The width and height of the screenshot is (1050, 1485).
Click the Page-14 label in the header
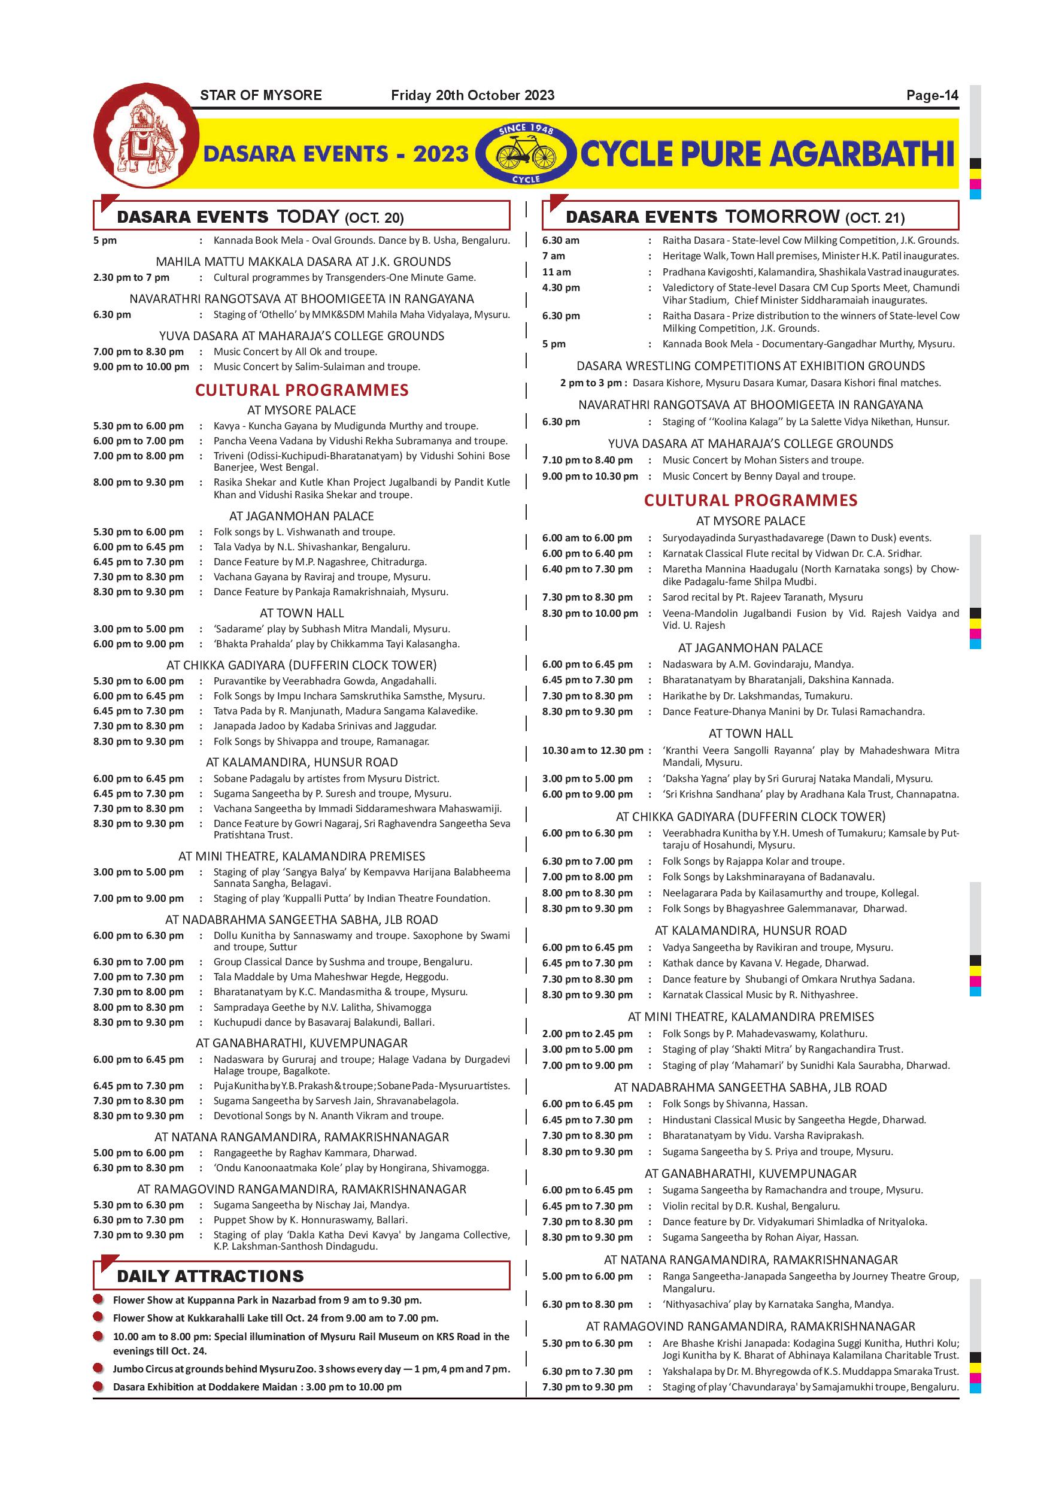tap(931, 96)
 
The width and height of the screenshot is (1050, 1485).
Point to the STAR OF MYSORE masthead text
tap(260, 96)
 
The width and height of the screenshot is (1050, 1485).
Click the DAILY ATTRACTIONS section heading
tap(210, 1276)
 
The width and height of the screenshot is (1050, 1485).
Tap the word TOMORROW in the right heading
tap(782, 217)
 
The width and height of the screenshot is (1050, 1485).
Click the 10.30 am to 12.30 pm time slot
tap(592, 750)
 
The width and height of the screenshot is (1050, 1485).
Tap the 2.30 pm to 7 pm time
tap(131, 277)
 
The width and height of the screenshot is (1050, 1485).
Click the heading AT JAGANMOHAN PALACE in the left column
tap(301, 516)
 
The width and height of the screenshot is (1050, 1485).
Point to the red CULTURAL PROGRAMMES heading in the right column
tap(750, 500)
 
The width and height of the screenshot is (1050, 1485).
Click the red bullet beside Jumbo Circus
tap(98, 1368)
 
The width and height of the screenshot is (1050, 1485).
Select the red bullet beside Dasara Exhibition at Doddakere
tap(98, 1386)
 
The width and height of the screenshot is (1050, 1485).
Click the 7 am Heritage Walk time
tap(554, 256)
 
